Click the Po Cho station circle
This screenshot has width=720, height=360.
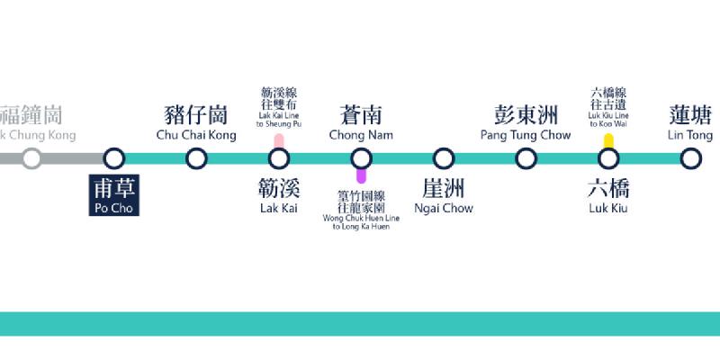click(113, 159)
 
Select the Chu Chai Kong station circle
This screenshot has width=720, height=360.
click(196, 159)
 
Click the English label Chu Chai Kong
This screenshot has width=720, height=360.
click(196, 135)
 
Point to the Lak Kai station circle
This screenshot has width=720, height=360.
click(279, 159)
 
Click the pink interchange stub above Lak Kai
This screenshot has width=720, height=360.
click(279, 141)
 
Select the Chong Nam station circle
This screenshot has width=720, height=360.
click(361, 159)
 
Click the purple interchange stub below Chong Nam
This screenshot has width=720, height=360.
click(361, 176)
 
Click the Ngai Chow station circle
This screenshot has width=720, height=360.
click(444, 159)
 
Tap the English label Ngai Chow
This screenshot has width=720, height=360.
click(444, 209)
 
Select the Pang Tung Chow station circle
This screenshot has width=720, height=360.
click(526, 159)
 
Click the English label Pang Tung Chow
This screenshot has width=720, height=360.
click(526, 135)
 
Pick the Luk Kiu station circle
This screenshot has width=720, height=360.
click(609, 159)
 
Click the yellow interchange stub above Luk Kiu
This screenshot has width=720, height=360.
click(609, 141)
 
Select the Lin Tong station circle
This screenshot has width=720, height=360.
click(691, 159)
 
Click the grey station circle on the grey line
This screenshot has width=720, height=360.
click(31, 159)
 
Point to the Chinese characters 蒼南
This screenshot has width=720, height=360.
click(361, 115)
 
